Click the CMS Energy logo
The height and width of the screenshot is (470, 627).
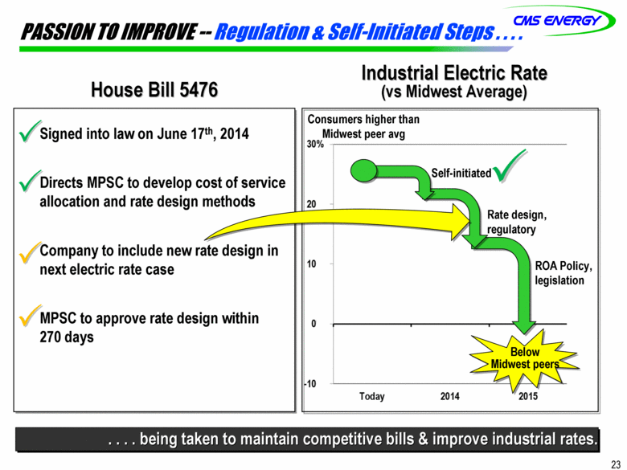(559, 20)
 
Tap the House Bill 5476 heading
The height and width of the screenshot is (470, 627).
(154, 89)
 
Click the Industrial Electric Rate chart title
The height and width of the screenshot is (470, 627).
(454, 74)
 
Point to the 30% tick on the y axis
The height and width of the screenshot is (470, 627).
(315, 145)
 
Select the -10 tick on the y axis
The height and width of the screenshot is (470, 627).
(310, 384)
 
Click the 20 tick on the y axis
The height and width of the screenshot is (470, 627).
(311, 204)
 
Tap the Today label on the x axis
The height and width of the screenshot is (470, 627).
(372, 396)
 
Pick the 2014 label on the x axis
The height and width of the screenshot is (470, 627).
(450, 396)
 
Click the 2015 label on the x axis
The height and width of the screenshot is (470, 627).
(528, 396)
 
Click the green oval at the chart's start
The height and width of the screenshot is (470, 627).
(364, 171)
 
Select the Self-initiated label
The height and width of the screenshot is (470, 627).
(461, 173)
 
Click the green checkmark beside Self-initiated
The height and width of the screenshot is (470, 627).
(509, 166)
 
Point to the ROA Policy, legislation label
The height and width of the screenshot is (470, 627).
(563, 273)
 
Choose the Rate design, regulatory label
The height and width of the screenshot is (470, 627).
(517, 223)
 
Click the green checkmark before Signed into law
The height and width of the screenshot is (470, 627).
(30, 131)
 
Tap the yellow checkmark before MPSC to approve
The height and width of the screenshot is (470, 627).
(30, 315)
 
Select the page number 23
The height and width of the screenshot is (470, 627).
(616, 464)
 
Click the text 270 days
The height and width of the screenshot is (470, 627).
(67, 337)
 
